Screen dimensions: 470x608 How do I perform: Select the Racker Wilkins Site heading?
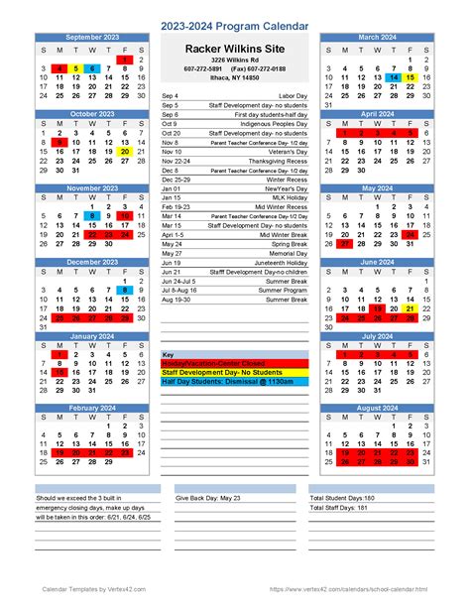pyautogui.click(x=235, y=48)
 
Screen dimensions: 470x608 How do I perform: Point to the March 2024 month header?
pyautogui.click(x=376, y=37)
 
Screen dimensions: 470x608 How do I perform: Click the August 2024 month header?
pyautogui.click(x=376, y=409)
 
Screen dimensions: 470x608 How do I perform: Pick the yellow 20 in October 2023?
pyautogui.click(x=124, y=152)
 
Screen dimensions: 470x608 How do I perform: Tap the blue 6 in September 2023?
pyautogui.click(x=92, y=68)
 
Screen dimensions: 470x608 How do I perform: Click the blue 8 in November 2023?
pyautogui.click(x=92, y=216)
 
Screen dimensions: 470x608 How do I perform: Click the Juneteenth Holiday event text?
pyautogui.click(x=279, y=262)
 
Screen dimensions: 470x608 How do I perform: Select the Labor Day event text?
pyautogui.click(x=293, y=95)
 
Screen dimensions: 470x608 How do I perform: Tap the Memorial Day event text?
pyautogui.click(x=285, y=253)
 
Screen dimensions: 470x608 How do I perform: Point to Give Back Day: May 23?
pyautogui.click(x=209, y=497)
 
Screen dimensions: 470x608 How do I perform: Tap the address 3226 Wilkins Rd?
pyautogui.click(x=234, y=61)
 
